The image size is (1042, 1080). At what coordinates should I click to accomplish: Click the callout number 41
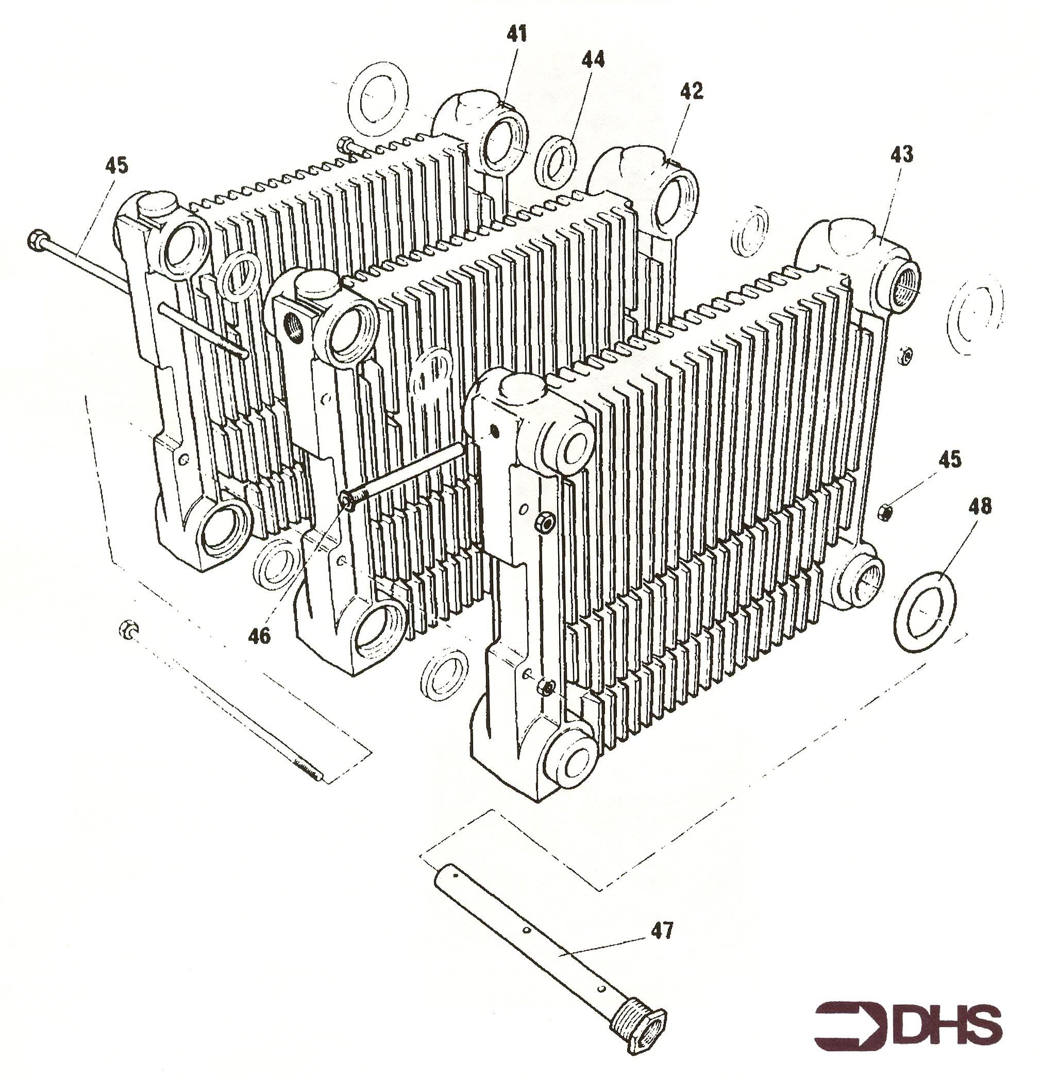coord(516,35)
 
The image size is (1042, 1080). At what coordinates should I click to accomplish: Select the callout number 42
coord(692,91)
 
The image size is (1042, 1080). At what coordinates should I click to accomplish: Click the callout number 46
coord(259,636)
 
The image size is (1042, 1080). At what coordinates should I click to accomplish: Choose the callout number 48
coord(979,505)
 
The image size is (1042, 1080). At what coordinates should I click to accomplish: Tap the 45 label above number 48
coord(949,459)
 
